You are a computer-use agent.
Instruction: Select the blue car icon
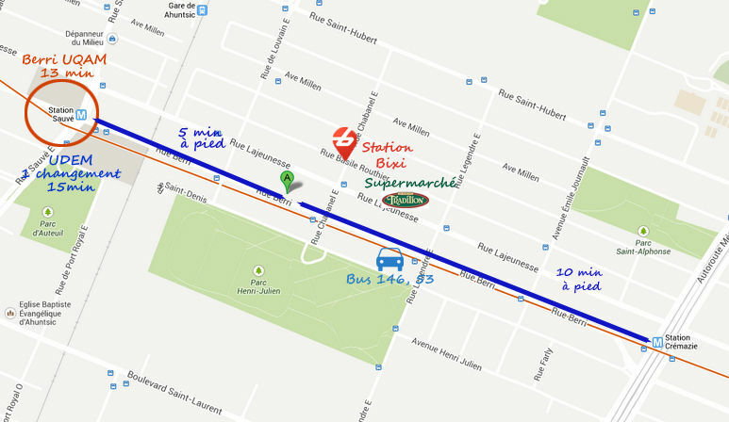coord(389,258)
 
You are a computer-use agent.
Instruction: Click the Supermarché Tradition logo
coord(406,200)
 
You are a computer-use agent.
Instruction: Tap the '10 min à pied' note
coord(578,278)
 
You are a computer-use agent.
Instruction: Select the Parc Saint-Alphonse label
coord(643,245)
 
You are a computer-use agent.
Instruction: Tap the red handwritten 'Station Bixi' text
coord(386,156)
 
